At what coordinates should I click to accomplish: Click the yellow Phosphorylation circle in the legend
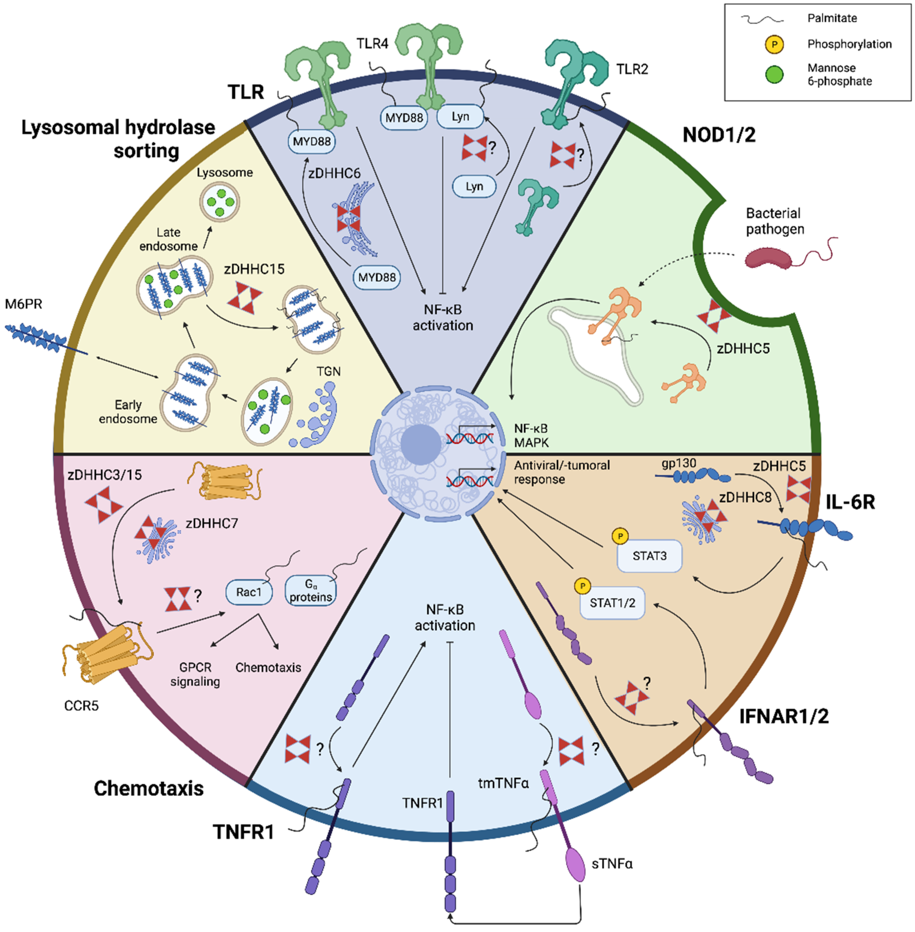coord(774,44)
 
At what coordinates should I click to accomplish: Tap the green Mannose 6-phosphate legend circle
coord(774,75)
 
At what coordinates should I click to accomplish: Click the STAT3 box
coord(649,556)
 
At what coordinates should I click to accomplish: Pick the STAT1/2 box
coord(612,603)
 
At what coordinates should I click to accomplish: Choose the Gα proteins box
coord(311,591)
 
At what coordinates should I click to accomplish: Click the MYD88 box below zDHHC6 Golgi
coord(377,277)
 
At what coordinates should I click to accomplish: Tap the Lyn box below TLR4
coord(474,187)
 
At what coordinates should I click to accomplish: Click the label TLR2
coord(632,69)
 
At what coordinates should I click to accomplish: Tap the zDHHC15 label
coord(254,269)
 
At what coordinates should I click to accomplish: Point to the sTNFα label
coord(612,864)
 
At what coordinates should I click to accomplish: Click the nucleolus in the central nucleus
coord(421,444)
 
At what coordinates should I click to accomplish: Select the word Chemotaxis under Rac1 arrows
coord(268,668)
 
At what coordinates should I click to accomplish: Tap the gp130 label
coord(679,463)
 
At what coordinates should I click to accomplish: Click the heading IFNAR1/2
coord(784,717)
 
